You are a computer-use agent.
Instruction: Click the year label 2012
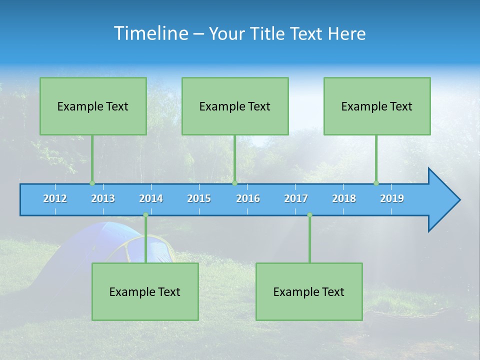point(55,198)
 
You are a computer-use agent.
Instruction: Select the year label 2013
point(103,198)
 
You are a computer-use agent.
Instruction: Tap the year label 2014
point(151,198)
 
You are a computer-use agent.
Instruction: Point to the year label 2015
point(199,198)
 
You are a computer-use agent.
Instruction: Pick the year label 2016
point(248,198)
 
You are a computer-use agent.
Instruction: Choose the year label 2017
point(296,198)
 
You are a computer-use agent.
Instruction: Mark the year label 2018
point(344,198)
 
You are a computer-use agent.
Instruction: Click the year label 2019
point(392,198)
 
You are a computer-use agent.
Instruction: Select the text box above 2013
point(93,106)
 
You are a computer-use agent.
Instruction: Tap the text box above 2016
point(235,106)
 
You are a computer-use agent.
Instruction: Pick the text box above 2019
point(377,106)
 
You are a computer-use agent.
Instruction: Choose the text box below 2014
point(145,291)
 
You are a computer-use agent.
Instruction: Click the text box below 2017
point(309,291)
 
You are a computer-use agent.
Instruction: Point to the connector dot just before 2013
point(92,183)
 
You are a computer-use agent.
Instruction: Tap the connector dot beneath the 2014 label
point(145,215)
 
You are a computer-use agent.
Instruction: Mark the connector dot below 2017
point(309,215)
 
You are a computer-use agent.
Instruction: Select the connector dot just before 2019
point(376,183)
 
